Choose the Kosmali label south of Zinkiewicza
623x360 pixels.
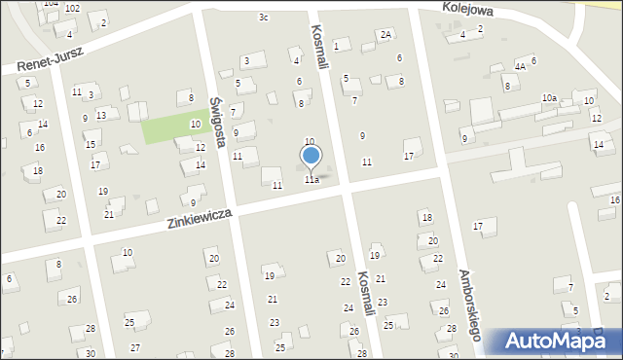(x=368, y=302)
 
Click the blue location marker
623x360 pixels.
(x=311, y=158)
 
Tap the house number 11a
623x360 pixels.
(x=311, y=180)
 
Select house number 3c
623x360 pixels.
(x=264, y=18)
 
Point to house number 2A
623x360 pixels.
(x=386, y=35)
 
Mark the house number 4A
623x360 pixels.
(x=521, y=66)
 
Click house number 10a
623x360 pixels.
(x=549, y=98)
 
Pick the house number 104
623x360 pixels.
(x=51, y=5)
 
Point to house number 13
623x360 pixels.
(x=101, y=115)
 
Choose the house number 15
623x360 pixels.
(x=91, y=144)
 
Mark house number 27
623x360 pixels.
(x=135, y=347)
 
